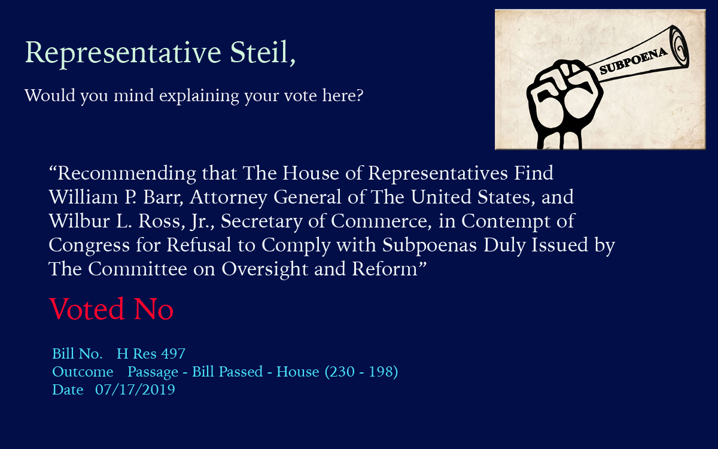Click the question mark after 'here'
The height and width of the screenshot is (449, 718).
(360, 95)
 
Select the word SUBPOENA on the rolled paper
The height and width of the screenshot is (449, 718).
(633, 61)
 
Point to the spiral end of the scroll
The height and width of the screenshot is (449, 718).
(679, 47)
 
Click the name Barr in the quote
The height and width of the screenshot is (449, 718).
(163, 197)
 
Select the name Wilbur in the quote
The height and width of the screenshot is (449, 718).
(79, 221)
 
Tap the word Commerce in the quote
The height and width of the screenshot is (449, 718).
(381, 222)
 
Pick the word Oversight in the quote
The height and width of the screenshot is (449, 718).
(264, 269)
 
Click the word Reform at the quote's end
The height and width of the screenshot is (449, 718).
(385, 269)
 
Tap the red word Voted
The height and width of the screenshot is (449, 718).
(87, 309)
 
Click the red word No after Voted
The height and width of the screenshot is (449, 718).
(154, 309)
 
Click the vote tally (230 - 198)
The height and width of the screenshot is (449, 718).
(361, 372)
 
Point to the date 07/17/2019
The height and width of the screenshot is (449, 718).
(135, 390)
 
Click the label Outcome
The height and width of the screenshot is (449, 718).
(83, 372)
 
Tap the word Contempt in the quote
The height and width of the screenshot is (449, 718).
(506, 222)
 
